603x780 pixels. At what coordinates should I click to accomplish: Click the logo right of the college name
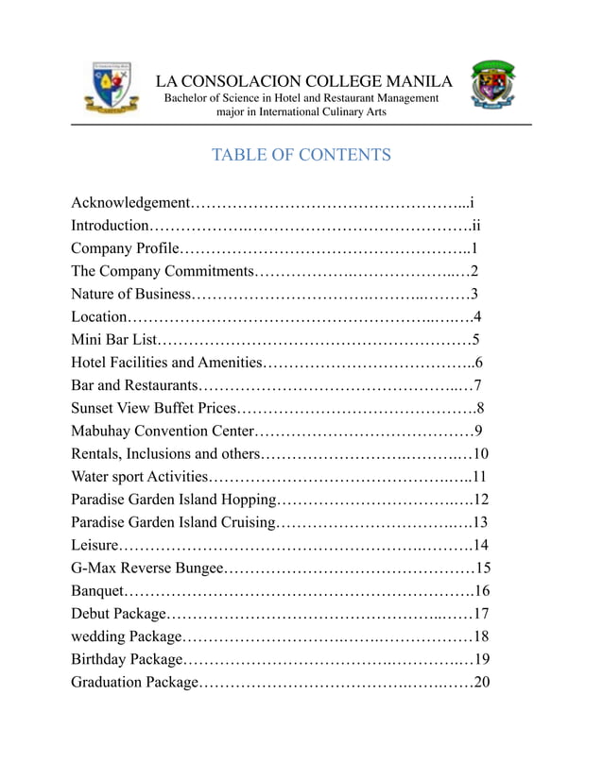click(493, 88)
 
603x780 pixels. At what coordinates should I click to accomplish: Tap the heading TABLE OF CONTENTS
click(301, 155)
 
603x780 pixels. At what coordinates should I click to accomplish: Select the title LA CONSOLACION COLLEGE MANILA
click(303, 81)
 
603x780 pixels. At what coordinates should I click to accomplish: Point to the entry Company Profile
click(125, 248)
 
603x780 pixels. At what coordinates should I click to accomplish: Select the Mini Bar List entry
click(113, 339)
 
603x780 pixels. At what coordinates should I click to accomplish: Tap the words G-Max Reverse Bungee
click(147, 568)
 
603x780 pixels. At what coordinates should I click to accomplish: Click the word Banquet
click(98, 591)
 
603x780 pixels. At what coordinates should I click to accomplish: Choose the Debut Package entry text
click(118, 614)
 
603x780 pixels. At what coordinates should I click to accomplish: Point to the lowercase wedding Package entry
click(125, 636)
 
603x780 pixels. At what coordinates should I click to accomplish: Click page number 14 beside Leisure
click(480, 545)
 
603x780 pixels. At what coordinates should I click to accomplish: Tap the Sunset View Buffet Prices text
click(153, 408)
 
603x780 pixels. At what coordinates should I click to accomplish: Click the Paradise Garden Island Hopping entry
click(174, 500)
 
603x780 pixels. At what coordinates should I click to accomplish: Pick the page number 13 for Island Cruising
click(480, 522)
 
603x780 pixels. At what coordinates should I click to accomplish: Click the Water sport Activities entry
click(139, 476)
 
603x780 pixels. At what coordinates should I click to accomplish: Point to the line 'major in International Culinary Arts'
click(301, 112)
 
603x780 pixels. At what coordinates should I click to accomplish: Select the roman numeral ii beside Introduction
click(476, 226)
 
